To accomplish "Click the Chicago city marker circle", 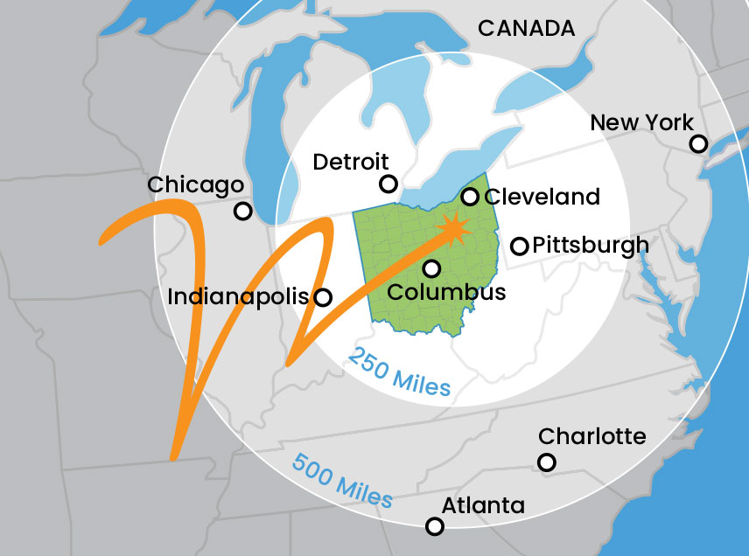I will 243,211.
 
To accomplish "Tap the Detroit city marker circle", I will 388,184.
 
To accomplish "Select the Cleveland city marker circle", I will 471,197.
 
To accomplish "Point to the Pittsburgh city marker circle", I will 519,246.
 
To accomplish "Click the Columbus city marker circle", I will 431,268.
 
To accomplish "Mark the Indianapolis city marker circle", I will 323,297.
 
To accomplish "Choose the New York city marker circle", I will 698,143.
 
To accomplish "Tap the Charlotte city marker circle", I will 547,462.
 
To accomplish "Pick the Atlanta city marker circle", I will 434,526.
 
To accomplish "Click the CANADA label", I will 526,29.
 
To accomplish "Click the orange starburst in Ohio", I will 453,229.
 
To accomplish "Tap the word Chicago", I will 195,185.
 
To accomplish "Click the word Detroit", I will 350,162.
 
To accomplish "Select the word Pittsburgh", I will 591,245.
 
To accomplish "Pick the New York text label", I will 641,122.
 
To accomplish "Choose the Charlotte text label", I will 592,436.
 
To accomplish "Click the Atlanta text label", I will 483,505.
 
